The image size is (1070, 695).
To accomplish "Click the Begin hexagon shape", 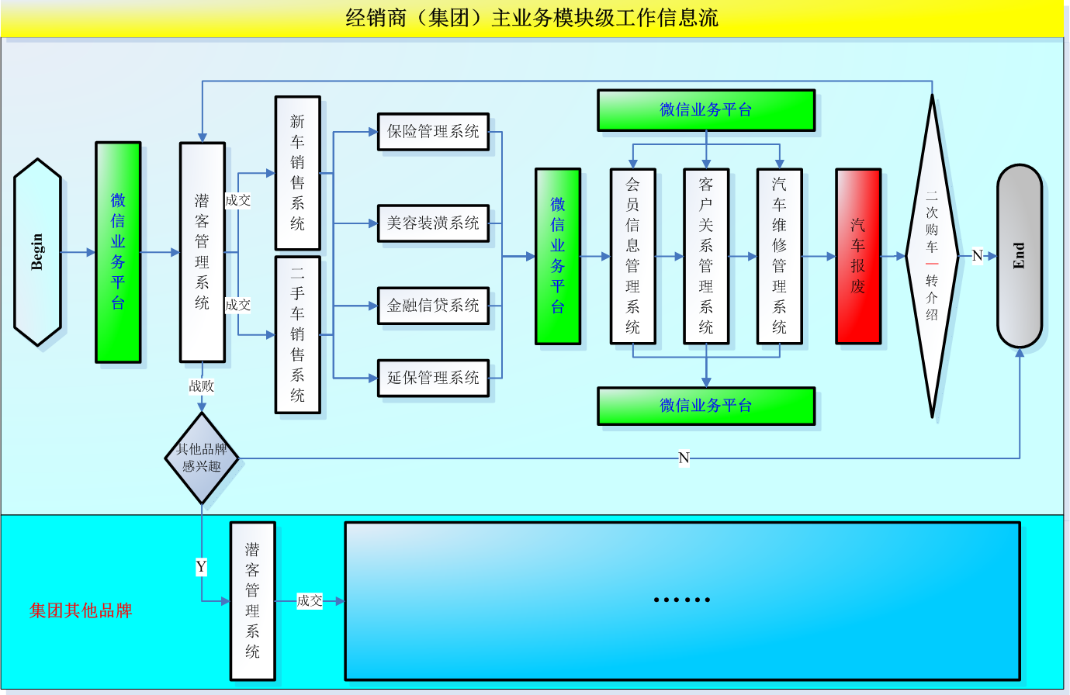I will tap(37, 252).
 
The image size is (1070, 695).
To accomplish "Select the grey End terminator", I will tap(1019, 256).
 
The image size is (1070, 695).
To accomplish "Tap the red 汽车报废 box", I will tap(857, 256).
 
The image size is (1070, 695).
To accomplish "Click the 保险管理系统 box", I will tap(433, 132).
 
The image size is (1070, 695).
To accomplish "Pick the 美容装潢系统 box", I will tap(433, 223).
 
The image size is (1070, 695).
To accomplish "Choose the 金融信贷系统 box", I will tap(433, 306).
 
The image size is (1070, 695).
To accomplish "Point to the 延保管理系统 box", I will tap(433, 378).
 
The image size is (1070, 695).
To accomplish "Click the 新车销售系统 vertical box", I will tap(297, 172).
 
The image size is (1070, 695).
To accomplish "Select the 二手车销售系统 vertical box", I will tap(297, 334).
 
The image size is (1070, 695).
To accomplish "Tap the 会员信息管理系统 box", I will tap(632, 256).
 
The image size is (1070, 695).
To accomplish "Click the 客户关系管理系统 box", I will tap(705, 256).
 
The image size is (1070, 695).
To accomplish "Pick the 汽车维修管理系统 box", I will tap(779, 256).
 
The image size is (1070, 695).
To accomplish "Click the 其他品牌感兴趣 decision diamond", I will tap(202, 458).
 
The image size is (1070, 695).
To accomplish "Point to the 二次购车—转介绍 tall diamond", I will tap(932, 256).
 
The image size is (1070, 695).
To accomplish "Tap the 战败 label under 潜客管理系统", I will tap(202, 386).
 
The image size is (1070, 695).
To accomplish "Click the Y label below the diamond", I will tap(202, 567).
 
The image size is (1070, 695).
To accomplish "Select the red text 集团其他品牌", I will tap(81, 610).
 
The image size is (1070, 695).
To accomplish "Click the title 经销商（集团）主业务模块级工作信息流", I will tap(532, 18).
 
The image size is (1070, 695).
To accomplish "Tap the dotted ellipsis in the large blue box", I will tap(682, 600).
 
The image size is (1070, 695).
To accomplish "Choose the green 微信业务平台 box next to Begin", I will tap(118, 252).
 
